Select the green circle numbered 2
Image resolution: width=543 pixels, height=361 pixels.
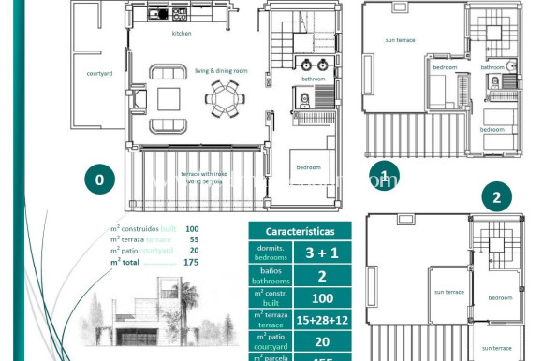tap(496, 198)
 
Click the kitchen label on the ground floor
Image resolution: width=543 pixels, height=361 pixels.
tap(181, 33)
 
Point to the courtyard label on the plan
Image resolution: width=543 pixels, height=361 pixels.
tap(99, 72)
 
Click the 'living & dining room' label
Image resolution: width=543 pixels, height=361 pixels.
tap(221, 70)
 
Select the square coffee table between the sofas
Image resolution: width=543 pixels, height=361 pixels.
tap(169, 98)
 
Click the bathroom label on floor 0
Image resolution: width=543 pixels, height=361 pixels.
tap(313, 79)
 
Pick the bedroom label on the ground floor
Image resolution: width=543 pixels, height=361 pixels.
tap(308, 167)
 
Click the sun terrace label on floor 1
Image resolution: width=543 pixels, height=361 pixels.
tap(400, 39)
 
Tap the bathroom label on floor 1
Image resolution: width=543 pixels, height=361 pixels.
tap(493, 67)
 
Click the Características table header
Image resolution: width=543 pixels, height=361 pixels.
tap(300, 230)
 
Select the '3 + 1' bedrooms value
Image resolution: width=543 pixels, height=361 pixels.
tap(323, 252)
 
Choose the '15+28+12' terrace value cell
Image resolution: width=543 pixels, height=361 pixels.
tap(323, 320)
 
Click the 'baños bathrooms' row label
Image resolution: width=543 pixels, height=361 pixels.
tap(271, 275)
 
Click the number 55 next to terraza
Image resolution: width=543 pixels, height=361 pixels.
tap(193, 240)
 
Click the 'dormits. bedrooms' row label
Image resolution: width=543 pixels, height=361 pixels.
tap(271, 252)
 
